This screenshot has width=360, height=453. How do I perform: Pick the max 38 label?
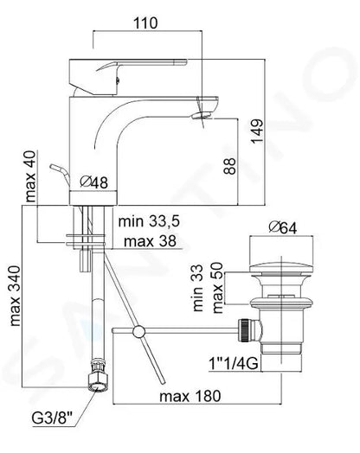pyautogui.click(x=145, y=241)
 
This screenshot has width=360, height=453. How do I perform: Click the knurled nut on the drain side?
pyautogui.click(x=246, y=330)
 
